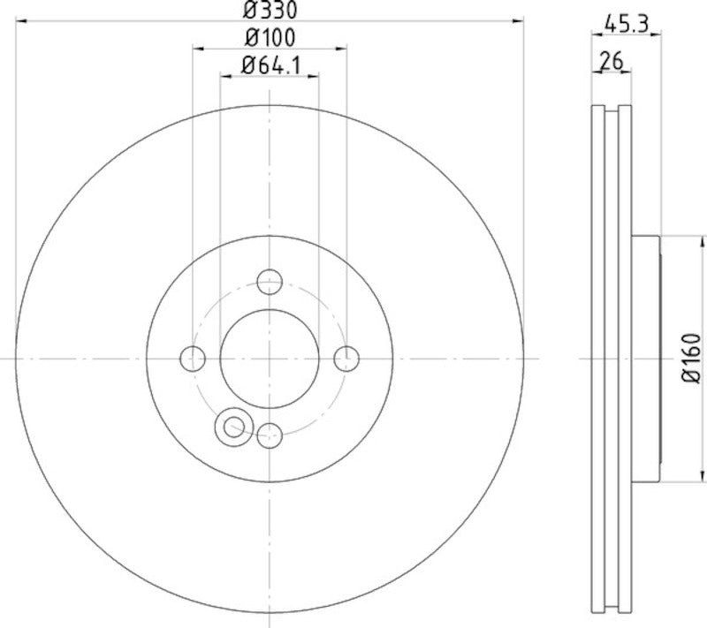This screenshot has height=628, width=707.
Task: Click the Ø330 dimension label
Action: pos(270,11)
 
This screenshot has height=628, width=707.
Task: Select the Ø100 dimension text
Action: pos(270,38)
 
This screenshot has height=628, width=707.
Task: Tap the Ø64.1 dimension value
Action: pos(270,64)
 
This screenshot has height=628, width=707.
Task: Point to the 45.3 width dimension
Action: pos(627,26)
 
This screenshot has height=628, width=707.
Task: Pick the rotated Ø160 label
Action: pos(691,358)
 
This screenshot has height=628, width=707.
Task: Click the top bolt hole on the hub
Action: pos(269,283)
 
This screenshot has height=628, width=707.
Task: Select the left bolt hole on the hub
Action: pos(193,359)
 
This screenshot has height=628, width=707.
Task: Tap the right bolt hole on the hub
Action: pos(346,359)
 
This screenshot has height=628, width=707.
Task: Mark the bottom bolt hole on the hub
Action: pos(269,434)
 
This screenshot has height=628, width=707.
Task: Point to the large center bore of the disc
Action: pos(269,359)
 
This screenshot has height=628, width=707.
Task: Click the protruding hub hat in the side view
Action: pos(647,359)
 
